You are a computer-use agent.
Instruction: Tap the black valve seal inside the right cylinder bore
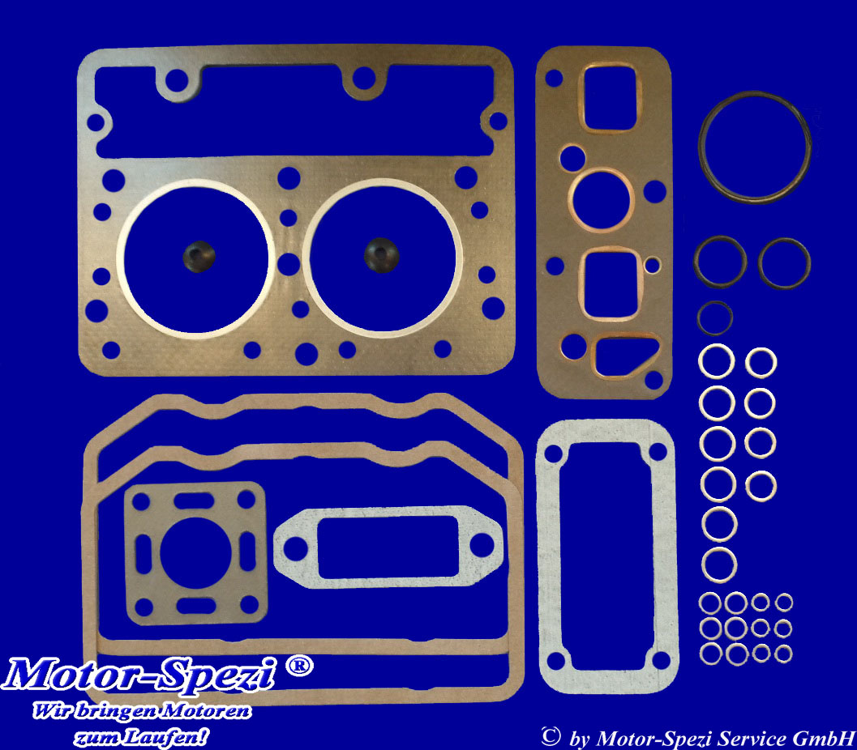(381, 255)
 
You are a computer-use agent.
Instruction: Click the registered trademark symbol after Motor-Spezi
(299, 666)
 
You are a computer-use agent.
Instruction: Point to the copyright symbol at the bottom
(551, 736)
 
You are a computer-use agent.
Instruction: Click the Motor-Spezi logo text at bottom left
(139, 675)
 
